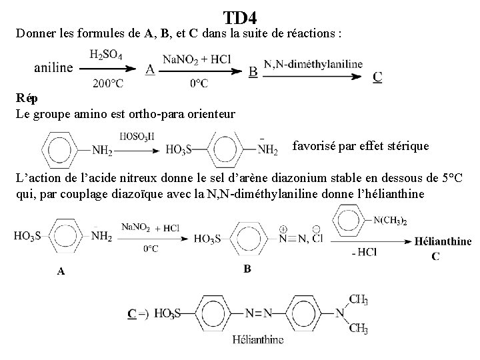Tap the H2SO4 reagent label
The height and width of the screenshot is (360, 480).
[x=105, y=54]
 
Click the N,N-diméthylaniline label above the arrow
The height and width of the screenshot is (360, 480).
[x=313, y=64]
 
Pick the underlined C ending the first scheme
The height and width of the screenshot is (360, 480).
[x=377, y=77]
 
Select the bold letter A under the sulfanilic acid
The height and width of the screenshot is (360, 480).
[x=61, y=271]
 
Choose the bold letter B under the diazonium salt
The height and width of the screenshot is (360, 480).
[x=247, y=269]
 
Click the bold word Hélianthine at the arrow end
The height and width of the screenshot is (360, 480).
[x=443, y=241]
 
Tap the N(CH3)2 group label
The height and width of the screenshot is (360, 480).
[x=391, y=221]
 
